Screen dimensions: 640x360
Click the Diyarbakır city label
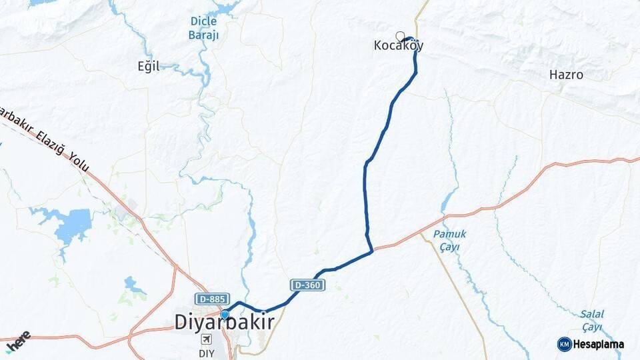[225, 322]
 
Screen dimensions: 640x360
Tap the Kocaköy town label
[399, 46]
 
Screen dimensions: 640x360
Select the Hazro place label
[566, 75]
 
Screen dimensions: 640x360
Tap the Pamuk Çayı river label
[449, 241]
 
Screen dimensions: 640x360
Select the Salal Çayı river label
[591, 320]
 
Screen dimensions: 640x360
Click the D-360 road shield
[307, 285]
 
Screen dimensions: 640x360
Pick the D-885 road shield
[212, 299]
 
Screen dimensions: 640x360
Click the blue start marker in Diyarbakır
[225, 315]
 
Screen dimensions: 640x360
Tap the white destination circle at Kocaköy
[400, 36]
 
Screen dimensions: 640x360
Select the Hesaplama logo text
[599, 345]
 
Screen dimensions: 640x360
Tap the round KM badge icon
[564, 344]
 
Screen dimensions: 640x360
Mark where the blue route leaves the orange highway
[371, 251]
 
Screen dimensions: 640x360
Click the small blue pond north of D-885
[131, 285]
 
